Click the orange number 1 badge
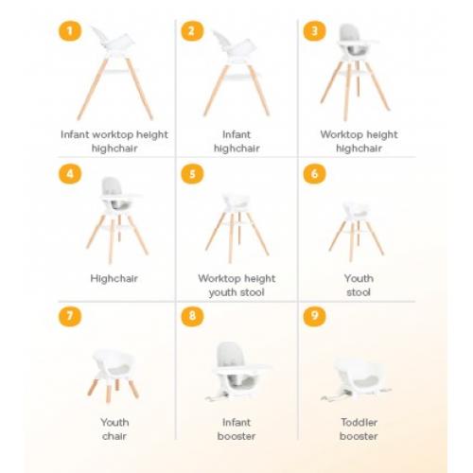pyautogui.click(x=70, y=31)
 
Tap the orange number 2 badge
pyautogui.click(x=192, y=31)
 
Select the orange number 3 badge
pyautogui.click(x=314, y=31)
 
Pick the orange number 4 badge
pyautogui.click(x=70, y=174)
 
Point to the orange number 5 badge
pyautogui.click(x=192, y=174)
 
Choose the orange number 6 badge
pyautogui.click(x=314, y=174)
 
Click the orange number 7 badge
pyautogui.click(x=70, y=316)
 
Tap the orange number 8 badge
pyautogui.click(x=192, y=316)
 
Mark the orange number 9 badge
pyautogui.click(x=314, y=316)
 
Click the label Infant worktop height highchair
pyautogui.click(x=114, y=141)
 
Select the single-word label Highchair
pyautogui.click(x=114, y=278)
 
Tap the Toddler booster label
pyautogui.click(x=359, y=429)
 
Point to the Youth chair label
pyautogui.click(x=114, y=429)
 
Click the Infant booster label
pyautogui.click(x=236, y=429)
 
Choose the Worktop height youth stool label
pyautogui.click(x=236, y=286)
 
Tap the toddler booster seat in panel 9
pyautogui.click(x=357, y=378)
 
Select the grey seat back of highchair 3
pyautogui.click(x=348, y=32)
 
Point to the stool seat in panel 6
pyautogui.click(x=356, y=210)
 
